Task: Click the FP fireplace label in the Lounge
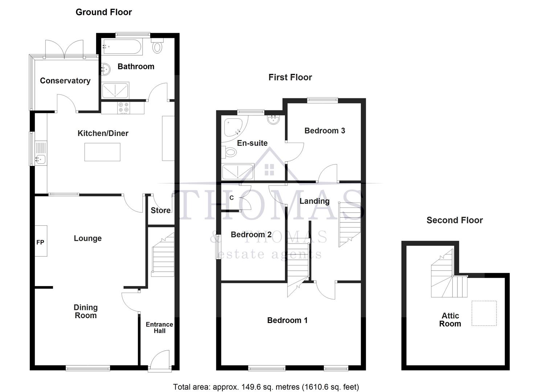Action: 40,242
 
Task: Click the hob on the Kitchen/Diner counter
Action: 123,108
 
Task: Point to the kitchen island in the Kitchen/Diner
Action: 102,152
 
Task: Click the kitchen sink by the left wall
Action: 41,159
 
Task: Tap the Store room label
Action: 160,211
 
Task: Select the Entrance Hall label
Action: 159,327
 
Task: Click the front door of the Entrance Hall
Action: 159,361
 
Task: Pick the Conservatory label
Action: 65,81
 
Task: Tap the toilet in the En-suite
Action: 229,152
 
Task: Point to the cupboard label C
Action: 232,198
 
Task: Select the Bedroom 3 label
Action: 324,131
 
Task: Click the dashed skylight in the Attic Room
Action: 484,313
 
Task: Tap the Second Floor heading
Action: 454,220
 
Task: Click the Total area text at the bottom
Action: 266,387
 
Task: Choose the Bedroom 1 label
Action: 287,320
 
